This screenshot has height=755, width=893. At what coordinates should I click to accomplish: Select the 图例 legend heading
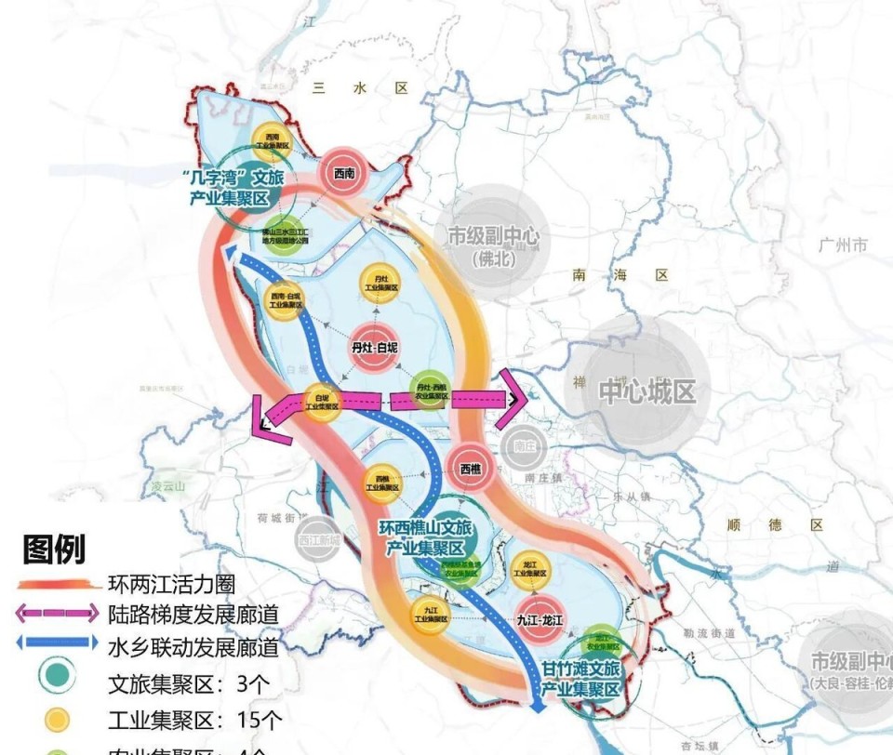(54, 550)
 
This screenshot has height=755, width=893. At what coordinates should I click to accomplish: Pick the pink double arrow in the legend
(56, 614)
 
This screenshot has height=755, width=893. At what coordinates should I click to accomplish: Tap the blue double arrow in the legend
(56, 642)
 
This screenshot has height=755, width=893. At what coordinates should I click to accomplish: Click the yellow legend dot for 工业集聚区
(57, 718)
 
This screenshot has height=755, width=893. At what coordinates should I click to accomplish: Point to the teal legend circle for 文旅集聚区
(57, 683)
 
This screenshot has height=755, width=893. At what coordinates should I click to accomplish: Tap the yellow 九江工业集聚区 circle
(431, 612)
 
